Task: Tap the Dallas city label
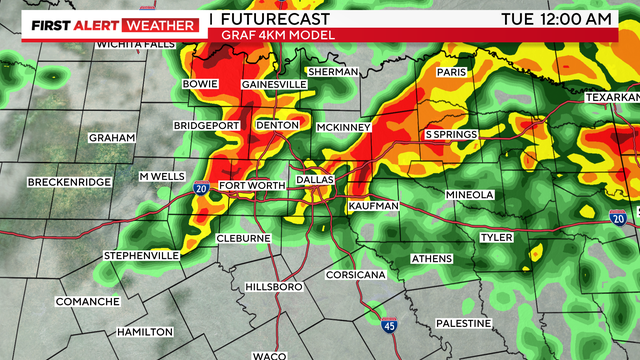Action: tap(316, 179)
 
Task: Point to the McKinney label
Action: tap(344, 128)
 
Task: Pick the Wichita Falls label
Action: tap(135, 45)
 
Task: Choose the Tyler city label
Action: tap(497, 238)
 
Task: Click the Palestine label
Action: tap(464, 323)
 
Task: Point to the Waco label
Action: tap(269, 355)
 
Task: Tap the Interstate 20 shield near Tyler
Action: tap(619, 218)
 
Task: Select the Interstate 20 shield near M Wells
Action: tap(200, 187)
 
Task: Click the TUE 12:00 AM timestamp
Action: tap(556, 20)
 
